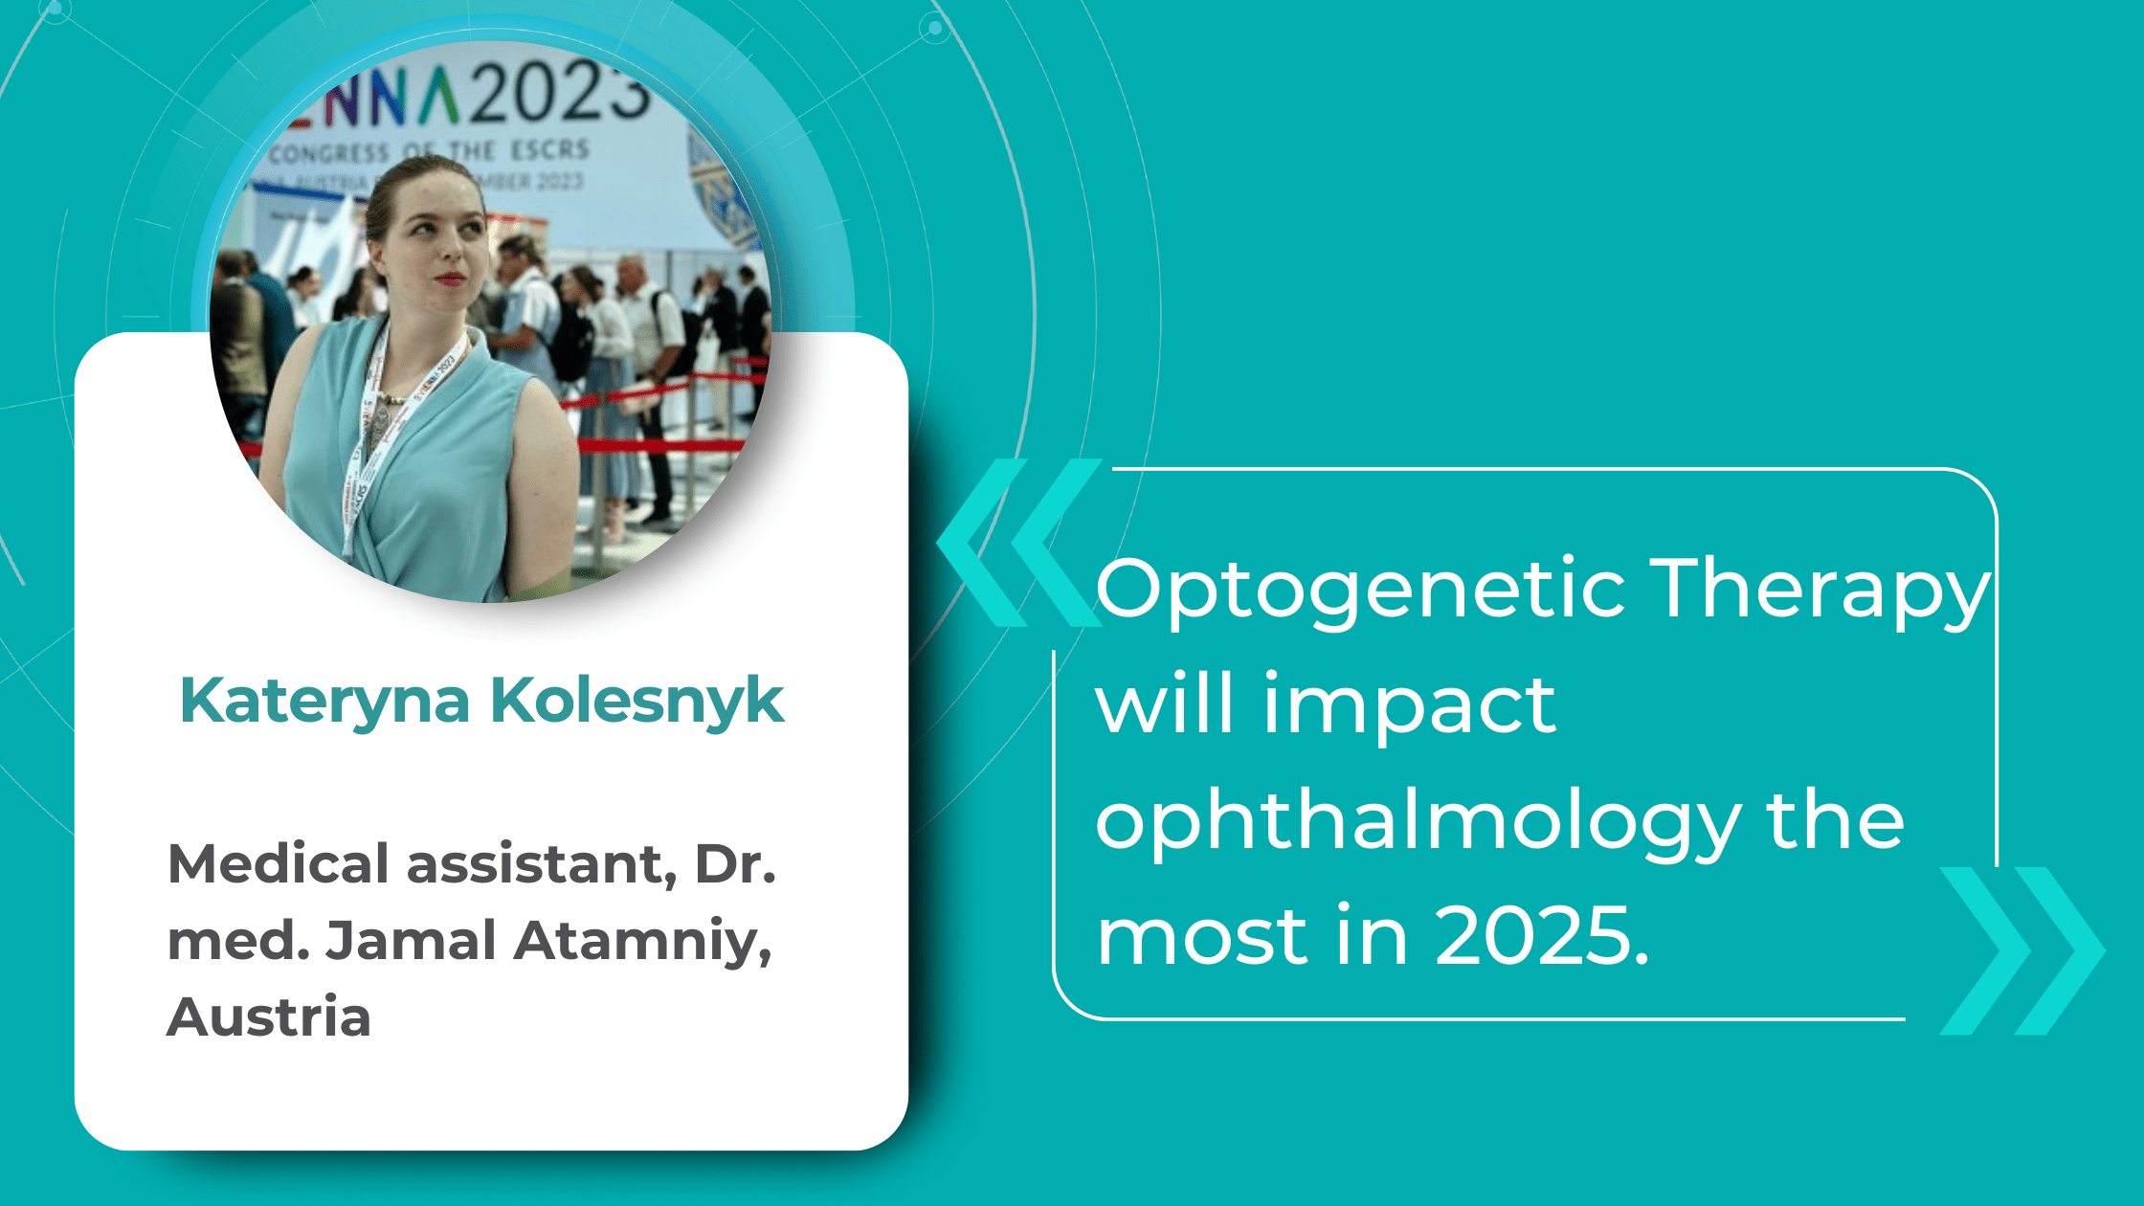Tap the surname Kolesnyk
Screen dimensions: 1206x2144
(x=636, y=701)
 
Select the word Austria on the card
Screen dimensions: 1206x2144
(x=269, y=1016)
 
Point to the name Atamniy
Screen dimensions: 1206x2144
(x=642, y=941)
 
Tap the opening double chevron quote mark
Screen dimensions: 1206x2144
(x=1019, y=544)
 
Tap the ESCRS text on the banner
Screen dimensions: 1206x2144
(x=549, y=150)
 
